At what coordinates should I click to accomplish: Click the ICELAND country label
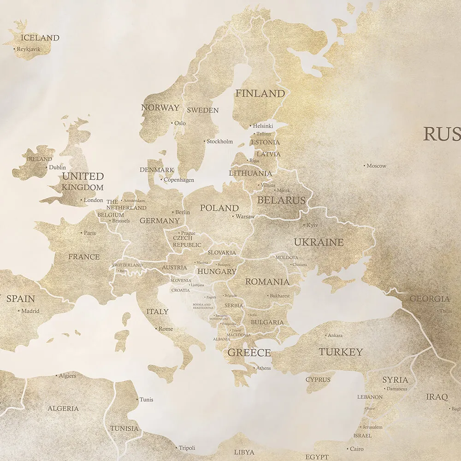coord(41,38)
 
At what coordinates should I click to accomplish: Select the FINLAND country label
coord(260,94)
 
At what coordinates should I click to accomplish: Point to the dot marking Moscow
coord(364,165)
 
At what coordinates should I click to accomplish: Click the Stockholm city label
coord(220,142)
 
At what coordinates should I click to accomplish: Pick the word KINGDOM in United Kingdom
coord(83,188)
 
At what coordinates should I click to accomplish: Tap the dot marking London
coord(82,200)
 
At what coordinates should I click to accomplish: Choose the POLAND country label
coord(219,208)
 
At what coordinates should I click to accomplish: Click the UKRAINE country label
coord(319,242)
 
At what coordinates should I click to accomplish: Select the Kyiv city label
coord(312,225)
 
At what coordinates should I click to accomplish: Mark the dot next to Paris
coord(82,233)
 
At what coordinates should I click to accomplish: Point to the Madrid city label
coord(30,311)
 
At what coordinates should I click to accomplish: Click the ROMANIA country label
coord(267,282)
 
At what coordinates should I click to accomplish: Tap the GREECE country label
coord(249,353)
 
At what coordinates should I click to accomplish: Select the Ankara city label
coord(334,336)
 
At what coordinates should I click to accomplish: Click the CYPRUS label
coord(318,380)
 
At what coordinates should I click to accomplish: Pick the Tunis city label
coord(146,400)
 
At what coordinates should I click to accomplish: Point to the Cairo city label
coord(356,449)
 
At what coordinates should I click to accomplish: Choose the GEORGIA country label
coord(430,299)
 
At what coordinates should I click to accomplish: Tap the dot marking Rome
coord(156,329)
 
